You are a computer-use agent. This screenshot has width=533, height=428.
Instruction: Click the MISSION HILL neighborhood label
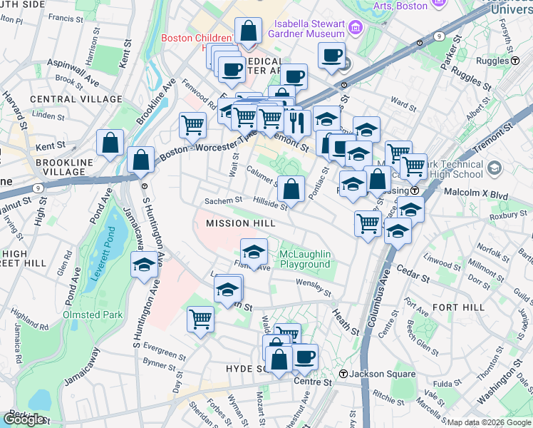[x=240, y=223]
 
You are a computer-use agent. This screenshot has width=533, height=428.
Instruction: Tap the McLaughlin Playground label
[x=304, y=259]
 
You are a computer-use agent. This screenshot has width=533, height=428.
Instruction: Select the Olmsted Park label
[x=93, y=314]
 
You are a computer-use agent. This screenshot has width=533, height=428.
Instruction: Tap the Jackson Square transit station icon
[x=343, y=374]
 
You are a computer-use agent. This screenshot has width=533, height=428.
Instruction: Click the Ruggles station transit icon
[x=514, y=61]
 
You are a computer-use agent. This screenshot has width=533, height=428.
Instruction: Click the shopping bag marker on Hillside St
[x=291, y=190]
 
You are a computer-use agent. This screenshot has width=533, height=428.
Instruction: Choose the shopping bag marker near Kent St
[x=111, y=143]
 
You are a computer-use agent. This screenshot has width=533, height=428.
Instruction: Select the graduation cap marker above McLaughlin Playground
[x=254, y=252]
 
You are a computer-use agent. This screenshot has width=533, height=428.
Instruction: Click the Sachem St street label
[x=224, y=201]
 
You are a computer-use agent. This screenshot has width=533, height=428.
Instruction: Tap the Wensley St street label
[x=314, y=288]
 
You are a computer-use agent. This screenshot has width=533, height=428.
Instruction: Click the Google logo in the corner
[x=25, y=419]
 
